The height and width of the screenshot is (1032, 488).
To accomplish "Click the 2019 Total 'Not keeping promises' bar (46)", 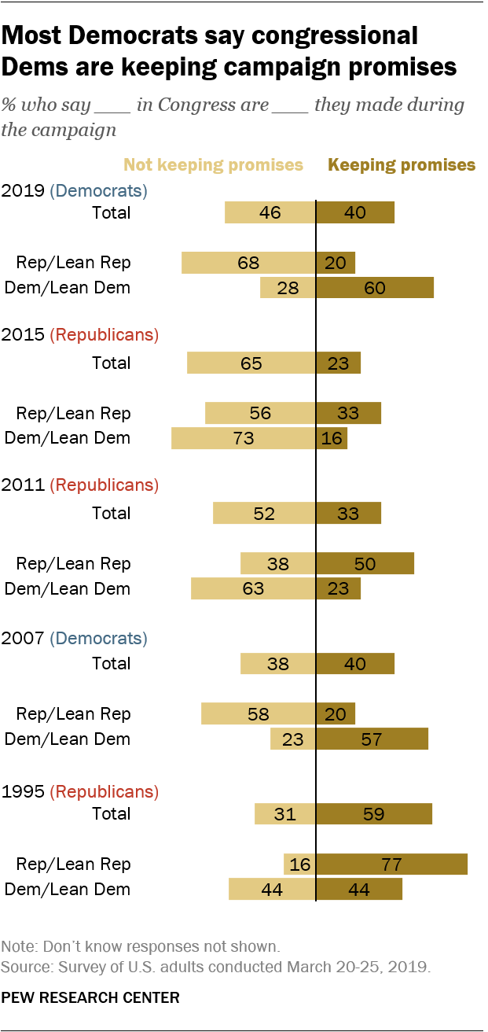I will coord(270,212).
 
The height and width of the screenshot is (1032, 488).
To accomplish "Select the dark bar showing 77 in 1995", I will coord(391,864).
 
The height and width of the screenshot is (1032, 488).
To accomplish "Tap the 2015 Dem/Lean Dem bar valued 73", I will coord(244,438).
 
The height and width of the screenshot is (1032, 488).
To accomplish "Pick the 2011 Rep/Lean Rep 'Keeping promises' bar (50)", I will coord(365,563).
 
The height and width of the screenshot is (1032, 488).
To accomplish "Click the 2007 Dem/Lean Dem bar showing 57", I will coord(372,739).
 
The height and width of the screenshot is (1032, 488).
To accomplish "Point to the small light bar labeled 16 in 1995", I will coord(299,864).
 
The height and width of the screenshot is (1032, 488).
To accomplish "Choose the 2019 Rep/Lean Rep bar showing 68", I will coord(248,263).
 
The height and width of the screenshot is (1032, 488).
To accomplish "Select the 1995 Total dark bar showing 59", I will coord(374,813).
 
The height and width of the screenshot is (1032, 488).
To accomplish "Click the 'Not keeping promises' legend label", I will coord(213,165).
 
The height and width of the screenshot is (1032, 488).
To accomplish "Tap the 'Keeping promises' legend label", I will coord(402,165).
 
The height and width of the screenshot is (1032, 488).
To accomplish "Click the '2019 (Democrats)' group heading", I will coord(74,190).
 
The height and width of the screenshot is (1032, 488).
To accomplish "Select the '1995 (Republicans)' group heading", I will coord(79,791).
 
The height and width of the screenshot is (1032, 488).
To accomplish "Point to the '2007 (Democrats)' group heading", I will coord(74,638).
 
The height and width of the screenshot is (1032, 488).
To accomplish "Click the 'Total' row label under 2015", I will coord(111,363).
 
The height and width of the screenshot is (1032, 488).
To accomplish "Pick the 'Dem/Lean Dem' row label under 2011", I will coord(68,588).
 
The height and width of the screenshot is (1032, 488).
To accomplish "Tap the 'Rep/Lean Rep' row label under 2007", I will coord(74,713).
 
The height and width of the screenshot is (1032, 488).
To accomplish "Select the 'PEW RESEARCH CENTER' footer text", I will coord(90,998).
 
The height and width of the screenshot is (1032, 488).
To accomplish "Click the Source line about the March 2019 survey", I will coord(216,967).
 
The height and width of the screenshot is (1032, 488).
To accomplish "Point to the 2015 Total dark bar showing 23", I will coord(338,363).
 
